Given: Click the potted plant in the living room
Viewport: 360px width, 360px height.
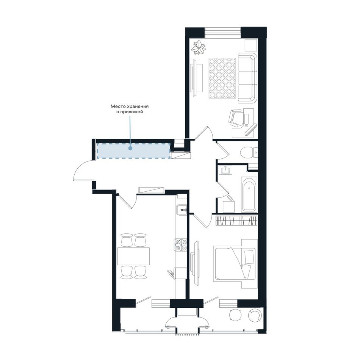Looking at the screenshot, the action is pos(199,47).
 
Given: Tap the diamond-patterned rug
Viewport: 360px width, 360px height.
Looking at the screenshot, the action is pos(222,78).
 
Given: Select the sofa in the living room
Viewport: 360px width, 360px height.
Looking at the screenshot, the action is pos(247,78).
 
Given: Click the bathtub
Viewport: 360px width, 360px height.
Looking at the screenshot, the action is pos(249,194).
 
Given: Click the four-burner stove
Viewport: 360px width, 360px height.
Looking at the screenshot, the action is pos(181,245).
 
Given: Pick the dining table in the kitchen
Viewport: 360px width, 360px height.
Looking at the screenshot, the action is pos(134,256).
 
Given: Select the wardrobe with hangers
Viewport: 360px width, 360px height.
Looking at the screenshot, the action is pos(237,221).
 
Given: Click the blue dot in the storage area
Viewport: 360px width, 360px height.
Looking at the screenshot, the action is pos(130,149).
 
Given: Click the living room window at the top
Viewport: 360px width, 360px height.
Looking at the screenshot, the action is pos(223,31).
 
